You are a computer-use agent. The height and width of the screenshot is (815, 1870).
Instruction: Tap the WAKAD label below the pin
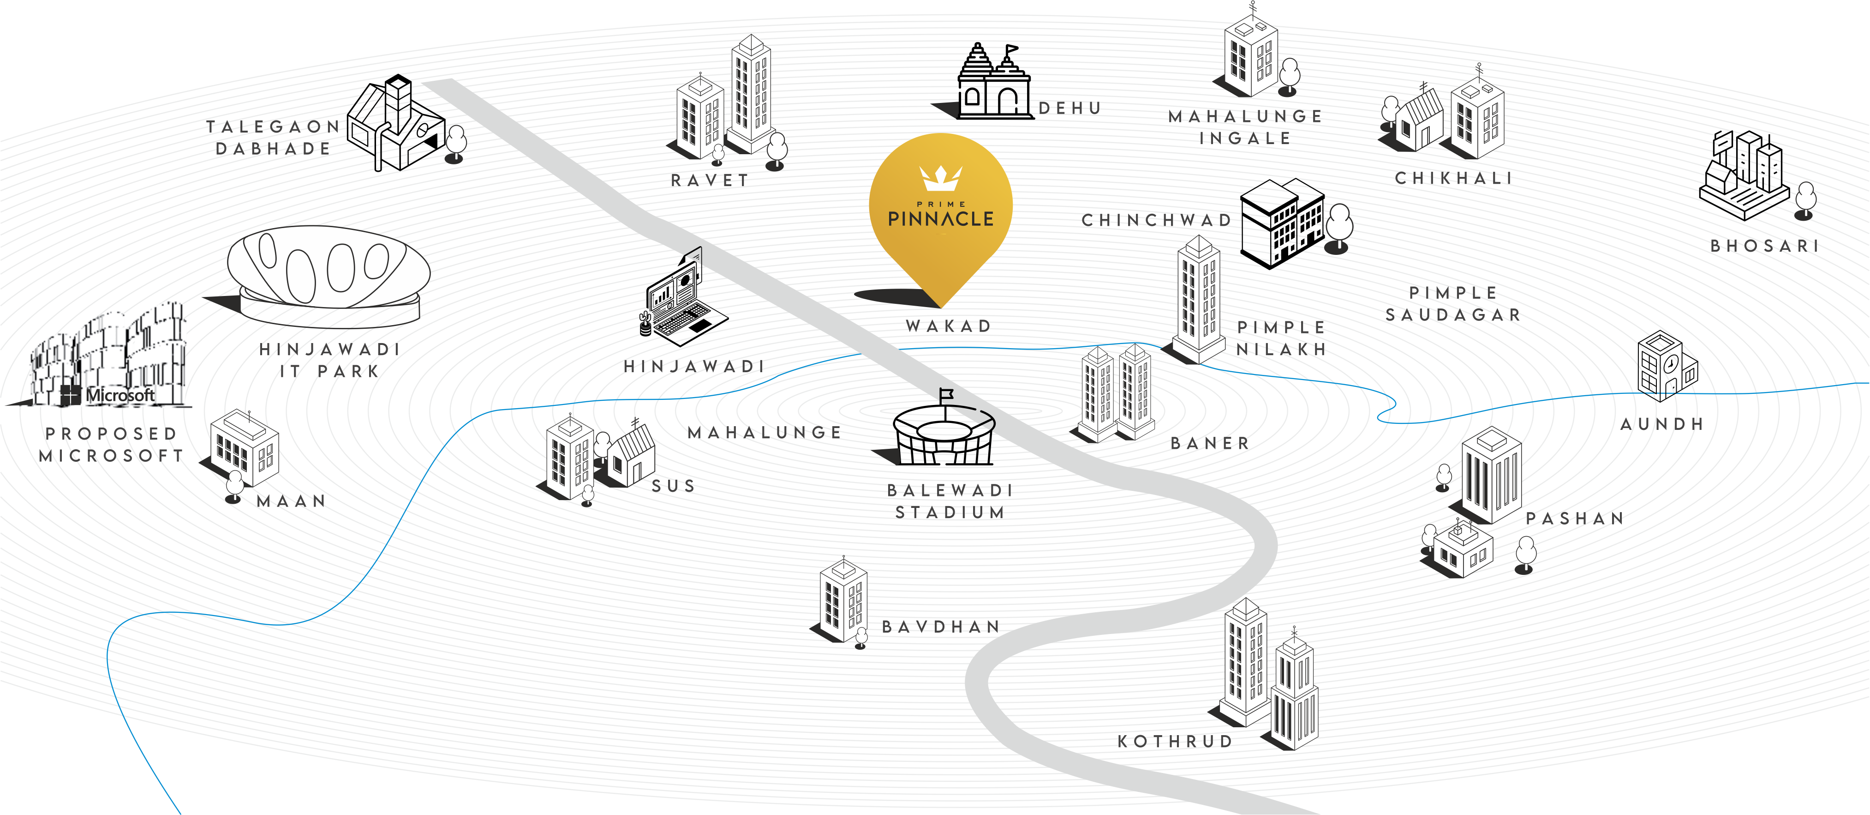point(948,326)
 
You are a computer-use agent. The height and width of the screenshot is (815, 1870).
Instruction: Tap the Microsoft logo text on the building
point(120,395)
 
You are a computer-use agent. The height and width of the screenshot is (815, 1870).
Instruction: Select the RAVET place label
point(709,180)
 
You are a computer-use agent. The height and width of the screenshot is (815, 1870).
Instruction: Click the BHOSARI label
point(1764,246)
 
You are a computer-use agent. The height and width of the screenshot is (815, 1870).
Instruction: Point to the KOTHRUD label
point(1175,742)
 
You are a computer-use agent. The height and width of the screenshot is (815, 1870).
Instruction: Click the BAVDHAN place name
point(941,627)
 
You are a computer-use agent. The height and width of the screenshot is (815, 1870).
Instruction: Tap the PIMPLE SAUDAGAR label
point(1452,304)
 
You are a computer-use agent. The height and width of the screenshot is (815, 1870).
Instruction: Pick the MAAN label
point(291,501)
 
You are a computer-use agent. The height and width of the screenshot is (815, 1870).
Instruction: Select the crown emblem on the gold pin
point(940,176)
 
